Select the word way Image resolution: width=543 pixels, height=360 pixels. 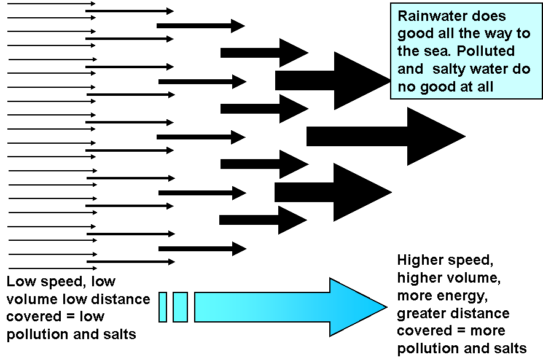click(504, 34)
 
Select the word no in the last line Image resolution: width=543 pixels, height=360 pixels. click(405, 87)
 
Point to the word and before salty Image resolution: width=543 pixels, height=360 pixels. click(410, 69)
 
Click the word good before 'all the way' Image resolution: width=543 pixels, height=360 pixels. click(415, 34)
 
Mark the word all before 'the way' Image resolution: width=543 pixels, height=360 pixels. click(446, 34)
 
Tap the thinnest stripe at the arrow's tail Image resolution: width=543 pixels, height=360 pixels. click(163, 307)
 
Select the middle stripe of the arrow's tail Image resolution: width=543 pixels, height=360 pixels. click(180, 307)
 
